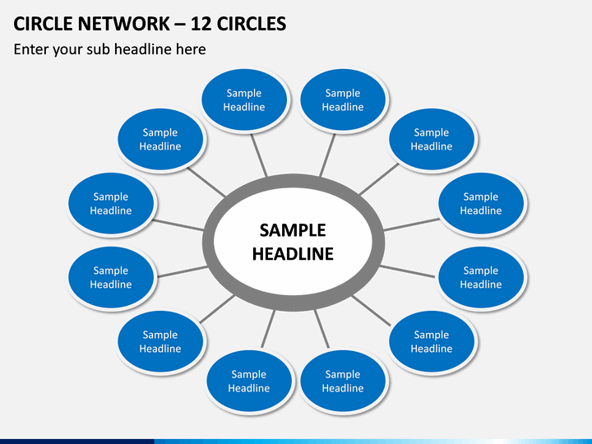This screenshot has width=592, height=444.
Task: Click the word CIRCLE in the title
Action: point(43,24)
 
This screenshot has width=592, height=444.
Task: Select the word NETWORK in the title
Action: point(123,24)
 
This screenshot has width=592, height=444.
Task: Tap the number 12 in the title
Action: point(201,24)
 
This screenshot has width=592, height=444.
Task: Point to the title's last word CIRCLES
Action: point(252,24)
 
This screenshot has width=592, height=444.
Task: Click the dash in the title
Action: point(180,25)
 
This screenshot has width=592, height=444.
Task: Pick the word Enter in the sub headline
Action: point(31,49)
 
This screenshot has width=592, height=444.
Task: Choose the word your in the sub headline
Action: point(67,51)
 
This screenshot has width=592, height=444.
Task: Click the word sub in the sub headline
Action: point(98,49)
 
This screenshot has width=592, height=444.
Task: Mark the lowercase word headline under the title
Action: point(143,49)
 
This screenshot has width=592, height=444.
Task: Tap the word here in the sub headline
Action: point(191,49)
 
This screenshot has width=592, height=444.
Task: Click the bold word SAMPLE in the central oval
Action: point(293,230)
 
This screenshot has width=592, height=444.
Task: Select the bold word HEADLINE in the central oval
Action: point(293,254)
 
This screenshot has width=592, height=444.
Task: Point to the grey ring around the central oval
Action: point(209,242)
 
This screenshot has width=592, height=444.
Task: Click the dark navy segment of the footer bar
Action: point(77,442)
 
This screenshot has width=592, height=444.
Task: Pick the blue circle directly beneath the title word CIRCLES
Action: point(244,99)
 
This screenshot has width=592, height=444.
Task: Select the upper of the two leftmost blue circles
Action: point(111,203)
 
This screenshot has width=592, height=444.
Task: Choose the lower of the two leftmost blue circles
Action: point(111,277)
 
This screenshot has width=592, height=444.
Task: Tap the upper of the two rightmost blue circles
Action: point(481,203)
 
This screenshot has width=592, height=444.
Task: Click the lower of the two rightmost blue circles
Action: point(481,277)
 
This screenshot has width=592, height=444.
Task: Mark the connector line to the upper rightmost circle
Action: point(412,224)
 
